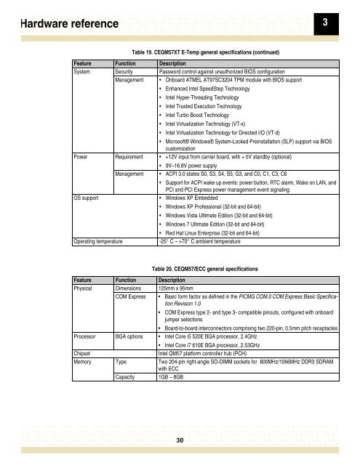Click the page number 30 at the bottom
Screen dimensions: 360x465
(x=180, y=439)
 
